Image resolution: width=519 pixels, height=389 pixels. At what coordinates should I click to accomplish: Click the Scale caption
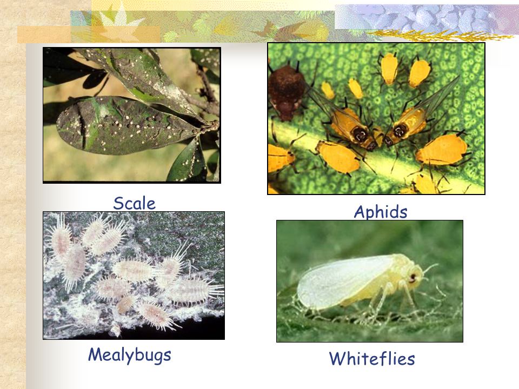pos(134,203)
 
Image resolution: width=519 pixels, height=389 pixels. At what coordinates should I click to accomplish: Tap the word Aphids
pos(380,212)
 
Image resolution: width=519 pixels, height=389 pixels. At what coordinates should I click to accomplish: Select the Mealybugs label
pos(129,355)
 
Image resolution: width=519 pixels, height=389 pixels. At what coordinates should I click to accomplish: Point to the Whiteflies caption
pos(372,359)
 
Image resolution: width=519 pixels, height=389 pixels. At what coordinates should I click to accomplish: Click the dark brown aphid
pos(286,92)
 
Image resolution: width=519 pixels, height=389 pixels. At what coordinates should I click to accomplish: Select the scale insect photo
pos(132,115)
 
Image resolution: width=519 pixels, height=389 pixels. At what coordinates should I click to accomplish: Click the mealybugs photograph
pos(134,276)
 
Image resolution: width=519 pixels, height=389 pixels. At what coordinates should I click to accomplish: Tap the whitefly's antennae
pos(429,269)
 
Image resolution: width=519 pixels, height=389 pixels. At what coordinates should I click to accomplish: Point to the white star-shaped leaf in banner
pos(119,23)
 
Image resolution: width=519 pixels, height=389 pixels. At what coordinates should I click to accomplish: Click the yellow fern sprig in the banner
pos(440,35)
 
